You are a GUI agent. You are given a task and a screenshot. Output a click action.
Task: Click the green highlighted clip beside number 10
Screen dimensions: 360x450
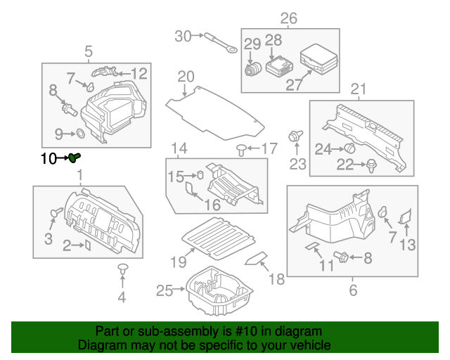[75, 158]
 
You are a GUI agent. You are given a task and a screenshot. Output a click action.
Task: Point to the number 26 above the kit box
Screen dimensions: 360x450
[289, 18]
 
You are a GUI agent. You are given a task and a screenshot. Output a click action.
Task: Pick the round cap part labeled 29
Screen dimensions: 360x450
[252, 72]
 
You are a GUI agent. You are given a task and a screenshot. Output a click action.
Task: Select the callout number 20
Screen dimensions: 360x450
[186, 76]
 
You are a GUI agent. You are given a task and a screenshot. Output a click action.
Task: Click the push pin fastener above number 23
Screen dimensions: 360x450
[295, 135]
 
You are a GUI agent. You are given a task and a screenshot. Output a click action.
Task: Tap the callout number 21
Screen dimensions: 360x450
[359, 89]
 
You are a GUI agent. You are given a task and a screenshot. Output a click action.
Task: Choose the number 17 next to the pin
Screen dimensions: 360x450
[270, 148]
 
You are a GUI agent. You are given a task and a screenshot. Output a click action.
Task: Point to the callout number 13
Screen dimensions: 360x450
[408, 245]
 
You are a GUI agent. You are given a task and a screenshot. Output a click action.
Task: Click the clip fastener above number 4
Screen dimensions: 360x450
[122, 269]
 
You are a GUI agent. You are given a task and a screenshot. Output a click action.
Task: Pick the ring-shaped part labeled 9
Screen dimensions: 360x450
[80, 132]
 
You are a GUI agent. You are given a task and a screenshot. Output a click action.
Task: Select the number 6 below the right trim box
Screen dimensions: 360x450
[353, 289]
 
